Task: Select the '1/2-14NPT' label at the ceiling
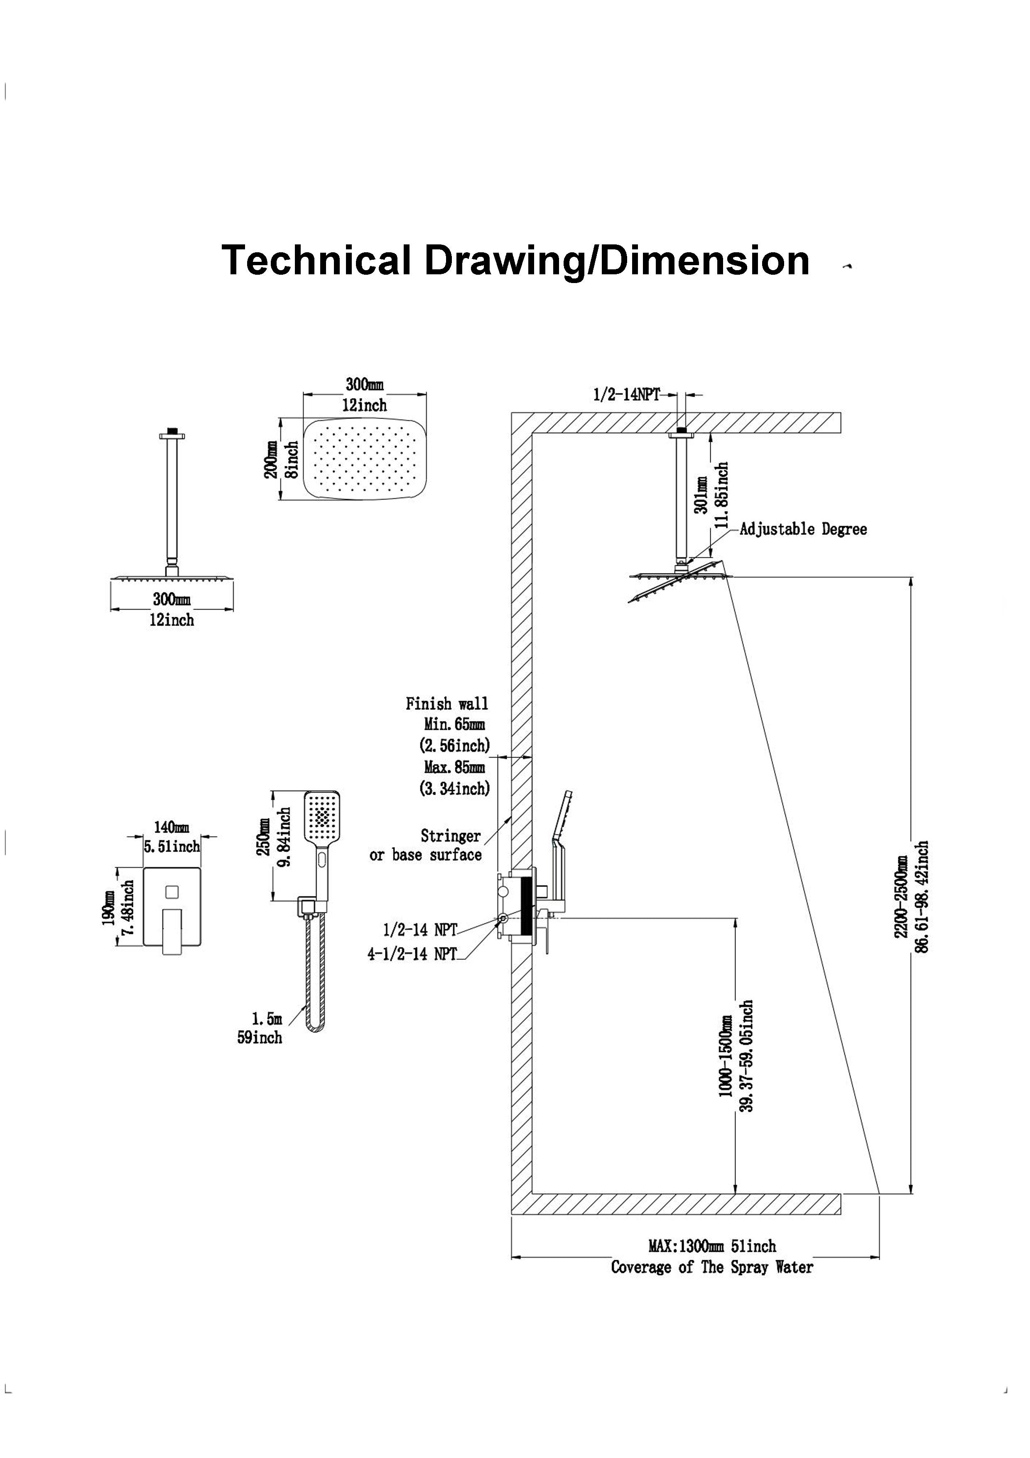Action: tap(626, 394)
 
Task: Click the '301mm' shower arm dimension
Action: tap(702, 495)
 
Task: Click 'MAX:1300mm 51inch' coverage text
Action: tap(712, 1246)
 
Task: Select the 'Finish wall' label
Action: tap(447, 704)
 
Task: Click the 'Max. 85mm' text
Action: tap(454, 767)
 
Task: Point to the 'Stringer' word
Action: tap(451, 836)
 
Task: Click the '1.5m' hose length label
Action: tap(267, 1019)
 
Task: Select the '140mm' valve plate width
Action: tap(172, 828)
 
